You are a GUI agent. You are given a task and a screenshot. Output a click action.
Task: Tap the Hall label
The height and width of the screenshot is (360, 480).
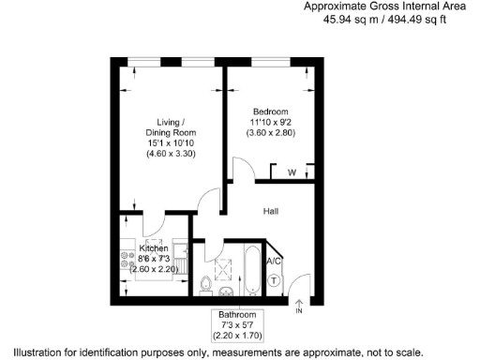click(272, 212)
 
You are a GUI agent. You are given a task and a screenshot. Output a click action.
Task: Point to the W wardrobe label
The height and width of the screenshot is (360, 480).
click(292, 173)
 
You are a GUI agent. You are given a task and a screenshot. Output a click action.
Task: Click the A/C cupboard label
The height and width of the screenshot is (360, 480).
click(275, 261)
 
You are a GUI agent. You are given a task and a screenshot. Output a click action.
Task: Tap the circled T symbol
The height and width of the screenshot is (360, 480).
click(275, 279)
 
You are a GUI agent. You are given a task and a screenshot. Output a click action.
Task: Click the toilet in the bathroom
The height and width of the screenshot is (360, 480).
click(205, 282)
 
